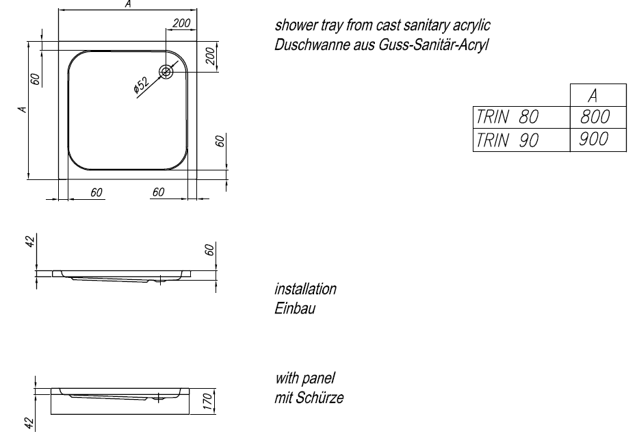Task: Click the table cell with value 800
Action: click(x=594, y=117)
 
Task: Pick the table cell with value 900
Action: click(x=594, y=140)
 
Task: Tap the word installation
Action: click(x=305, y=289)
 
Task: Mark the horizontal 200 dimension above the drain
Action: click(x=181, y=24)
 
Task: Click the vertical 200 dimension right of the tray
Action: click(x=211, y=56)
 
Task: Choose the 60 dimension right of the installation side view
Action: click(x=211, y=250)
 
